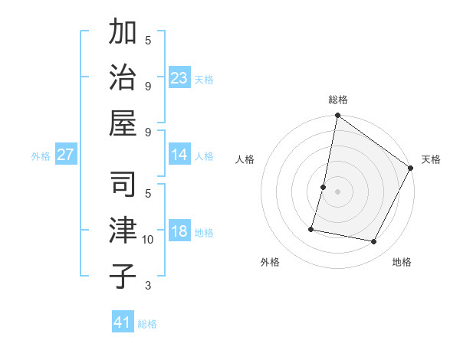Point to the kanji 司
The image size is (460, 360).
(x=123, y=185)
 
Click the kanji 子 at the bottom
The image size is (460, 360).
(x=123, y=276)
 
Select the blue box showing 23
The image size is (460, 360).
(x=179, y=77)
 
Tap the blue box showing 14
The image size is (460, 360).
(x=179, y=155)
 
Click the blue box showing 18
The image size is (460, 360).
(x=179, y=231)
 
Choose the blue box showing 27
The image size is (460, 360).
(x=66, y=155)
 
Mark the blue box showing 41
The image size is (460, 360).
(x=123, y=322)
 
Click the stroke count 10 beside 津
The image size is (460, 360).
(x=148, y=240)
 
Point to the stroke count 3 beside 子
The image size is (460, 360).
(x=148, y=286)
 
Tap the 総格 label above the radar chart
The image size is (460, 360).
(x=338, y=100)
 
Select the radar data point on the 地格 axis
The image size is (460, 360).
(x=374, y=242)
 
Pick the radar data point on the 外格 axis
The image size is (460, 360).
(x=311, y=229)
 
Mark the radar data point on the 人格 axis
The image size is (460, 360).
(x=324, y=187)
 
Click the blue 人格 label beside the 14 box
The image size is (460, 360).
(x=204, y=155)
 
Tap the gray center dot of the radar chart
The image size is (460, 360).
(x=338, y=191)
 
